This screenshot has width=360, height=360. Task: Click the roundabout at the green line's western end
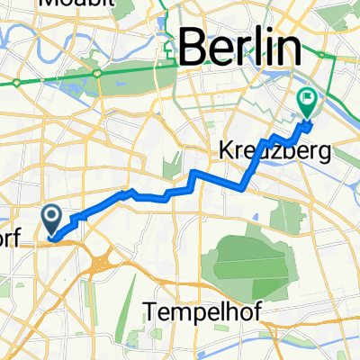17,84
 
